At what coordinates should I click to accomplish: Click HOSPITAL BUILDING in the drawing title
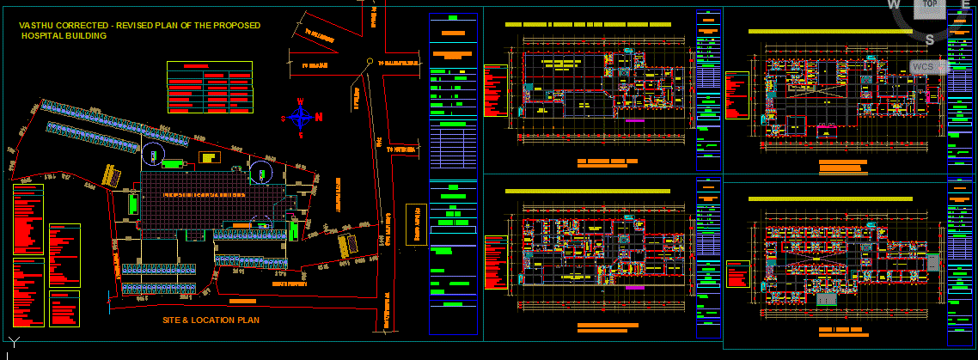[64, 36]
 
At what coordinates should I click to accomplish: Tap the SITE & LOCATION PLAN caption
[211, 320]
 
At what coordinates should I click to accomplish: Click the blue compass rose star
[301, 118]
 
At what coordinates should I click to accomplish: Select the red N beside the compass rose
[319, 117]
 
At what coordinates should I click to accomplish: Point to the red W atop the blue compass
[301, 101]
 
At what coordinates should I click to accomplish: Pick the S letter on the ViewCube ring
[929, 40]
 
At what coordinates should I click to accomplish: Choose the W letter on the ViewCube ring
[894, 5]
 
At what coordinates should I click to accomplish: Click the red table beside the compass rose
[211, 87]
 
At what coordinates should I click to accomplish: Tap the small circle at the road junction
[369, 62]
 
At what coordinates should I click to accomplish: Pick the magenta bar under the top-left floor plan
[635, 121]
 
